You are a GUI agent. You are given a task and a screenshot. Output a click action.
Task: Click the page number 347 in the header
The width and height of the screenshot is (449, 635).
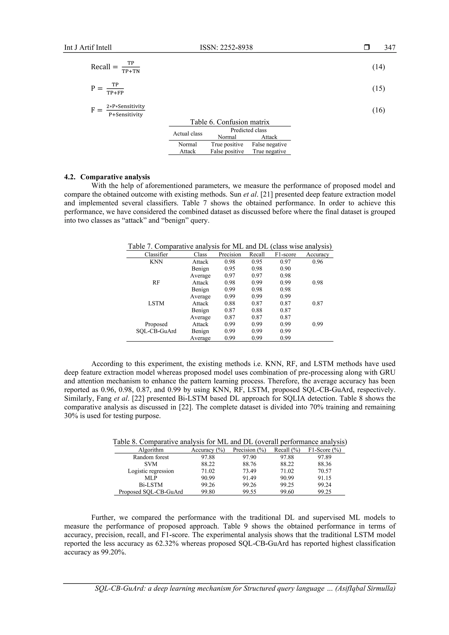390,48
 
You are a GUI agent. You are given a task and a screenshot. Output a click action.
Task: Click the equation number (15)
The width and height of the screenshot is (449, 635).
378,89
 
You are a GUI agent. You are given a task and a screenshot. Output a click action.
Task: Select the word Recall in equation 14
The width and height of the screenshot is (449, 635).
100,67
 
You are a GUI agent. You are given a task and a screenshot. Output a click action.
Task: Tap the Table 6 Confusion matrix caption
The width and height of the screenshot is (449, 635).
229,122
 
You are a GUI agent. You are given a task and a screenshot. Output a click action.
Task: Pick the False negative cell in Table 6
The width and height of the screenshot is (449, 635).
269,144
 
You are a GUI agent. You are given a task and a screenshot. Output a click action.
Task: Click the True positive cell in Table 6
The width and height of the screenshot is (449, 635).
227,144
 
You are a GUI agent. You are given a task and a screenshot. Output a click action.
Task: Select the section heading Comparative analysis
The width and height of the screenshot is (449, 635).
115,177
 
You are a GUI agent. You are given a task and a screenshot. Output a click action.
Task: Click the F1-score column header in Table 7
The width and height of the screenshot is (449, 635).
285,254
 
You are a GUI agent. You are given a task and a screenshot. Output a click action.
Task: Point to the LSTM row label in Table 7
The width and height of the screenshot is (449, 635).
156,303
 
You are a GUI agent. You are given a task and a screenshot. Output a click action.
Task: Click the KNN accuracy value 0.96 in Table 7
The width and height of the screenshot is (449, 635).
317,262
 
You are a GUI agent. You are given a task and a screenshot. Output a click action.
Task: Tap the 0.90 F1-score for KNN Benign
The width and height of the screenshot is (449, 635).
285,269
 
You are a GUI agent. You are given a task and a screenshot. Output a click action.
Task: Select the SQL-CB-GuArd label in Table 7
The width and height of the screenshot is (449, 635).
156,331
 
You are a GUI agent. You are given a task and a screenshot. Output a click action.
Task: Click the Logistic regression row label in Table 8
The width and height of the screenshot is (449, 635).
151,471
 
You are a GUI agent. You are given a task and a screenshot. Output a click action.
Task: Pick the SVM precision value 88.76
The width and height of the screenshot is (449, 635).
249,464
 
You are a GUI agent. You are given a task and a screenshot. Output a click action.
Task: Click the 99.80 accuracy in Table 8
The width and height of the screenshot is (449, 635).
208,492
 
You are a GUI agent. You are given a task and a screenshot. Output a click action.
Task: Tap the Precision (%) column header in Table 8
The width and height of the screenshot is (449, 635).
249,450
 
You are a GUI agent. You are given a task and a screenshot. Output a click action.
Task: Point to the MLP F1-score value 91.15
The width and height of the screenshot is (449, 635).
324,478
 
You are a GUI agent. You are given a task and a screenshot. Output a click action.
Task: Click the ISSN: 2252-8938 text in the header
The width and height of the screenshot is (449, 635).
226,48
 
